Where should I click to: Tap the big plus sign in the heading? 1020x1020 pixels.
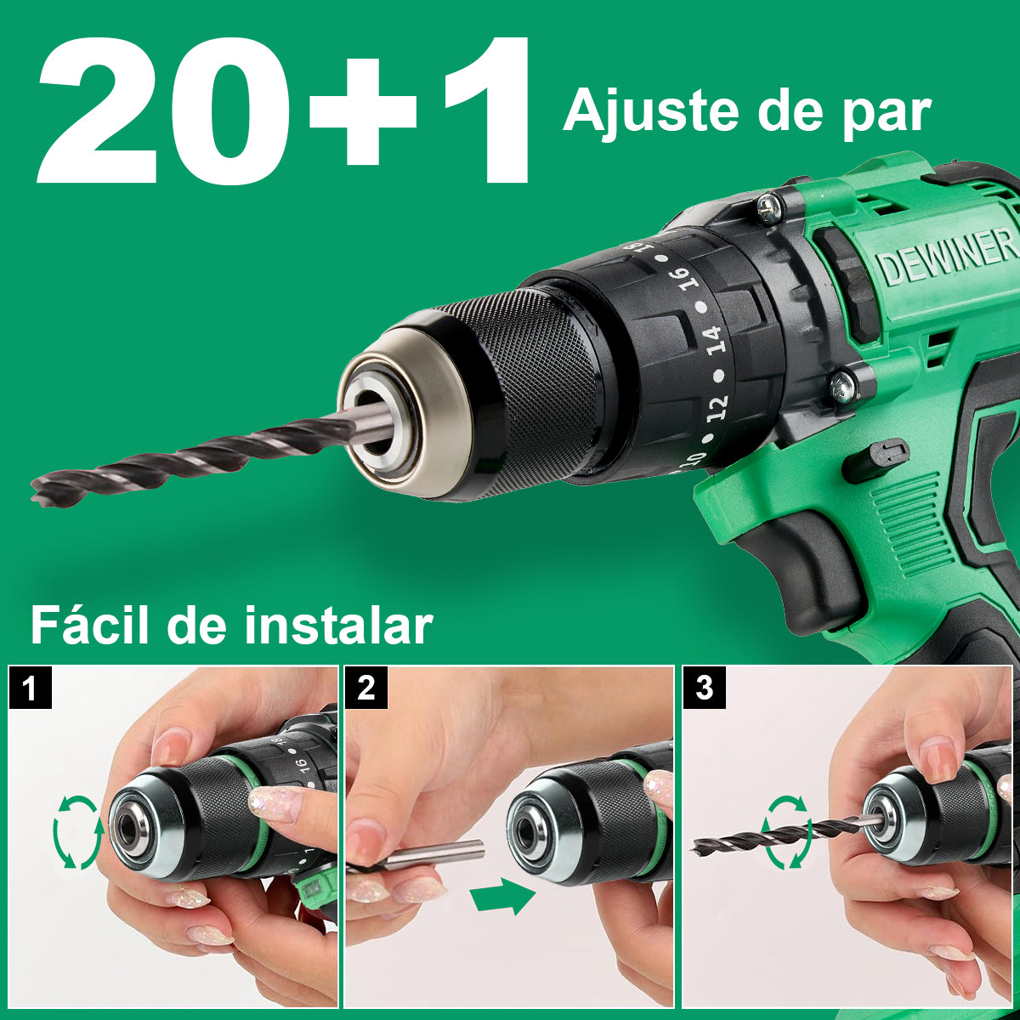[363, 111]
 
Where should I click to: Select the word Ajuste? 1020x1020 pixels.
[650, 111]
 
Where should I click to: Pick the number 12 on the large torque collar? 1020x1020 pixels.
[717, 408]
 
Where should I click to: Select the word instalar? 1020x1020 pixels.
[339, 626]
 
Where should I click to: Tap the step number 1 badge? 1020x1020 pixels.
[30, 688]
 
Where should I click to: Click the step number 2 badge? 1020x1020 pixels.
[365, 688]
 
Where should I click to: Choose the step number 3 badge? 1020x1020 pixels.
[704, 688]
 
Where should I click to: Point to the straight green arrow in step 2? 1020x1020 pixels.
[503, 894]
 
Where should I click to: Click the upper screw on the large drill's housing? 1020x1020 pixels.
[770, 207]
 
